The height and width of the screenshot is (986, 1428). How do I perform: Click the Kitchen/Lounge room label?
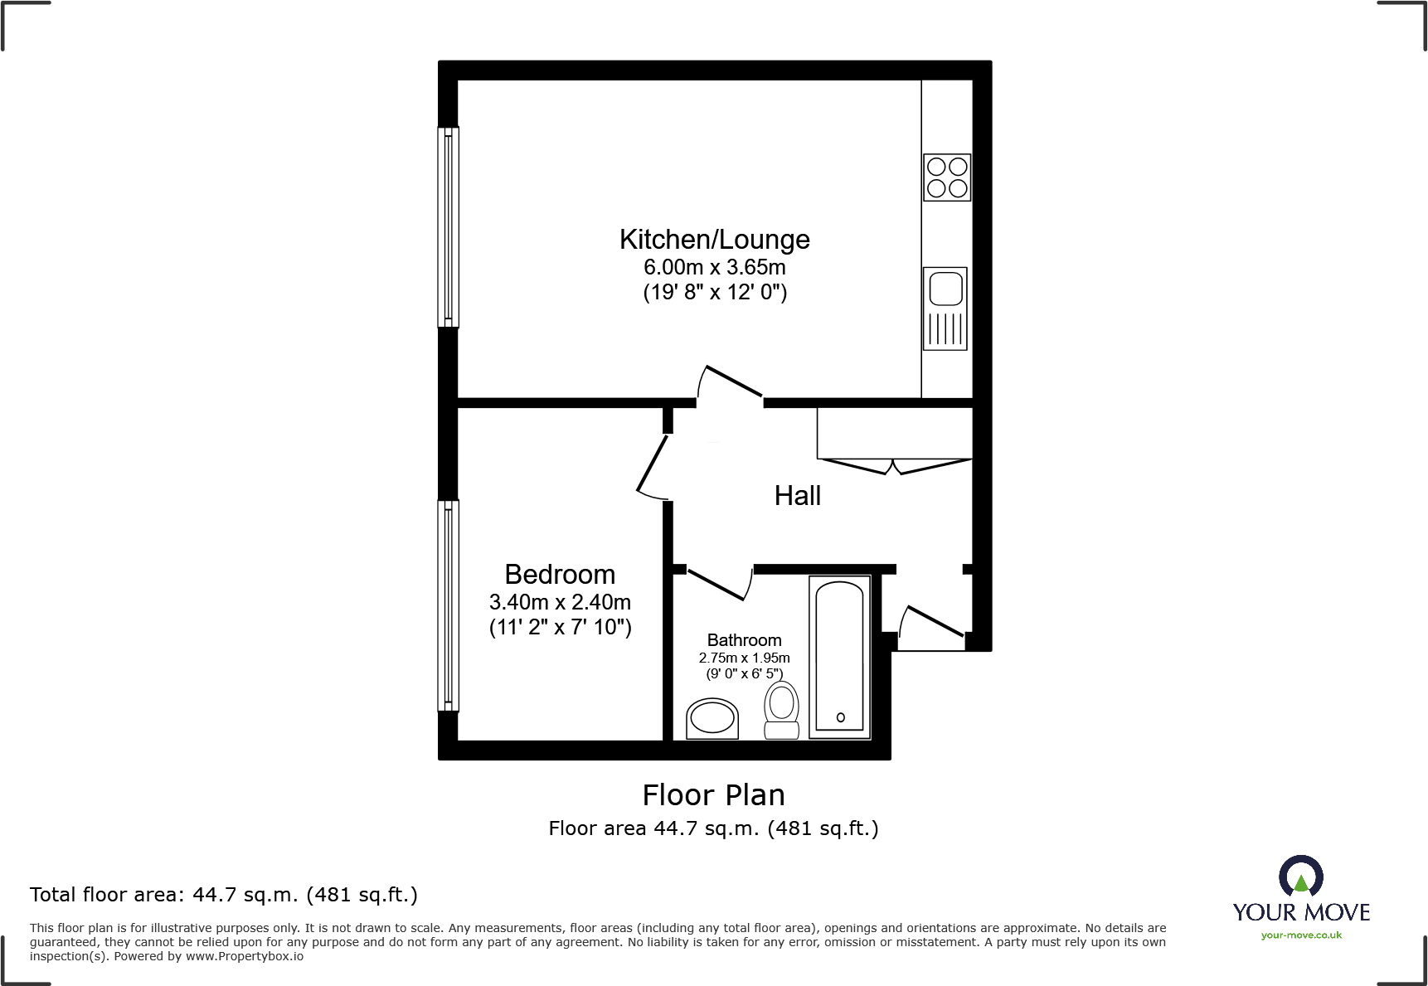click(714, 240)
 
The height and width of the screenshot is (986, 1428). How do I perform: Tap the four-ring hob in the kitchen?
click(947, 177)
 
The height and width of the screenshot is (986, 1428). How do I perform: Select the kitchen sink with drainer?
click(945, 308)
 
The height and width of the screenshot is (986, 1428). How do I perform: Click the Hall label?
click(797, 496)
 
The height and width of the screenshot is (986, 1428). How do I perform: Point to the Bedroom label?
click(560, 575)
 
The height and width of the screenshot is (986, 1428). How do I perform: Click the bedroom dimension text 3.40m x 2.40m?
click(560, 602)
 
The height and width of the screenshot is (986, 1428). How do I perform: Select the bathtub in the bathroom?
click(839, 656)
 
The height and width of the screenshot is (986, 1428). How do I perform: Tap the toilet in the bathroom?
click(781, 711)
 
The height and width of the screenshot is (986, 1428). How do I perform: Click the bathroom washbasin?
click(712, 718)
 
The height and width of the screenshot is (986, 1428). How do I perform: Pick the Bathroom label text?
click(744, 640)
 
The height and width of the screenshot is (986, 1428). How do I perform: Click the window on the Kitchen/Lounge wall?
click(448, 226)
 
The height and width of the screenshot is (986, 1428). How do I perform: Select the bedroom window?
click(448, 605)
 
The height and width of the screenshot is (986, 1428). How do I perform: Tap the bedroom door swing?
click(652, 468)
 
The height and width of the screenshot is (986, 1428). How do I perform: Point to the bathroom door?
click(718, 584)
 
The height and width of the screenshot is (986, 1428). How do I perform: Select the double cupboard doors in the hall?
click(894, 465)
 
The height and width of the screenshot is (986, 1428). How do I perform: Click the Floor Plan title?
click(713, 795)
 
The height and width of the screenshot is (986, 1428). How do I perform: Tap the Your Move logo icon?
click(1300, 876)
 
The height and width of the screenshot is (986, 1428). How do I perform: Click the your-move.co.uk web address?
click(1301, 935)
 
